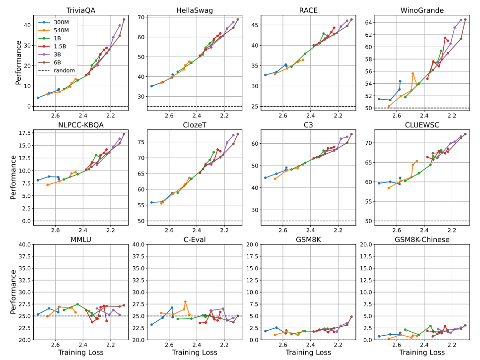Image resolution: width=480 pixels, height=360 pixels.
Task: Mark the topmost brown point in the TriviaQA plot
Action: pos(124,19)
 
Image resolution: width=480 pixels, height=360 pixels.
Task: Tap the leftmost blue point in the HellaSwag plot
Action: pos(151,86)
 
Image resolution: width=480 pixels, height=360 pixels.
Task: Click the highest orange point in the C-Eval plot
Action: pos(185,301)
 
